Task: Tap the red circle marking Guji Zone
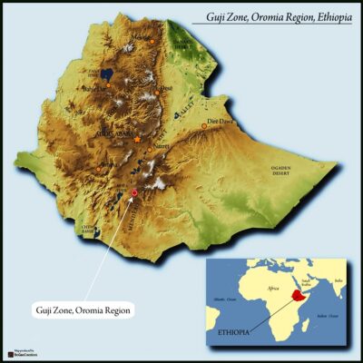click(x=135, y=192)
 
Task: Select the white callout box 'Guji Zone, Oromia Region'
click(x=83, y=311)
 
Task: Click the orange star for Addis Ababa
click(x=137, y=140)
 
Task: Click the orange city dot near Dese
click(x=152, y=88)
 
